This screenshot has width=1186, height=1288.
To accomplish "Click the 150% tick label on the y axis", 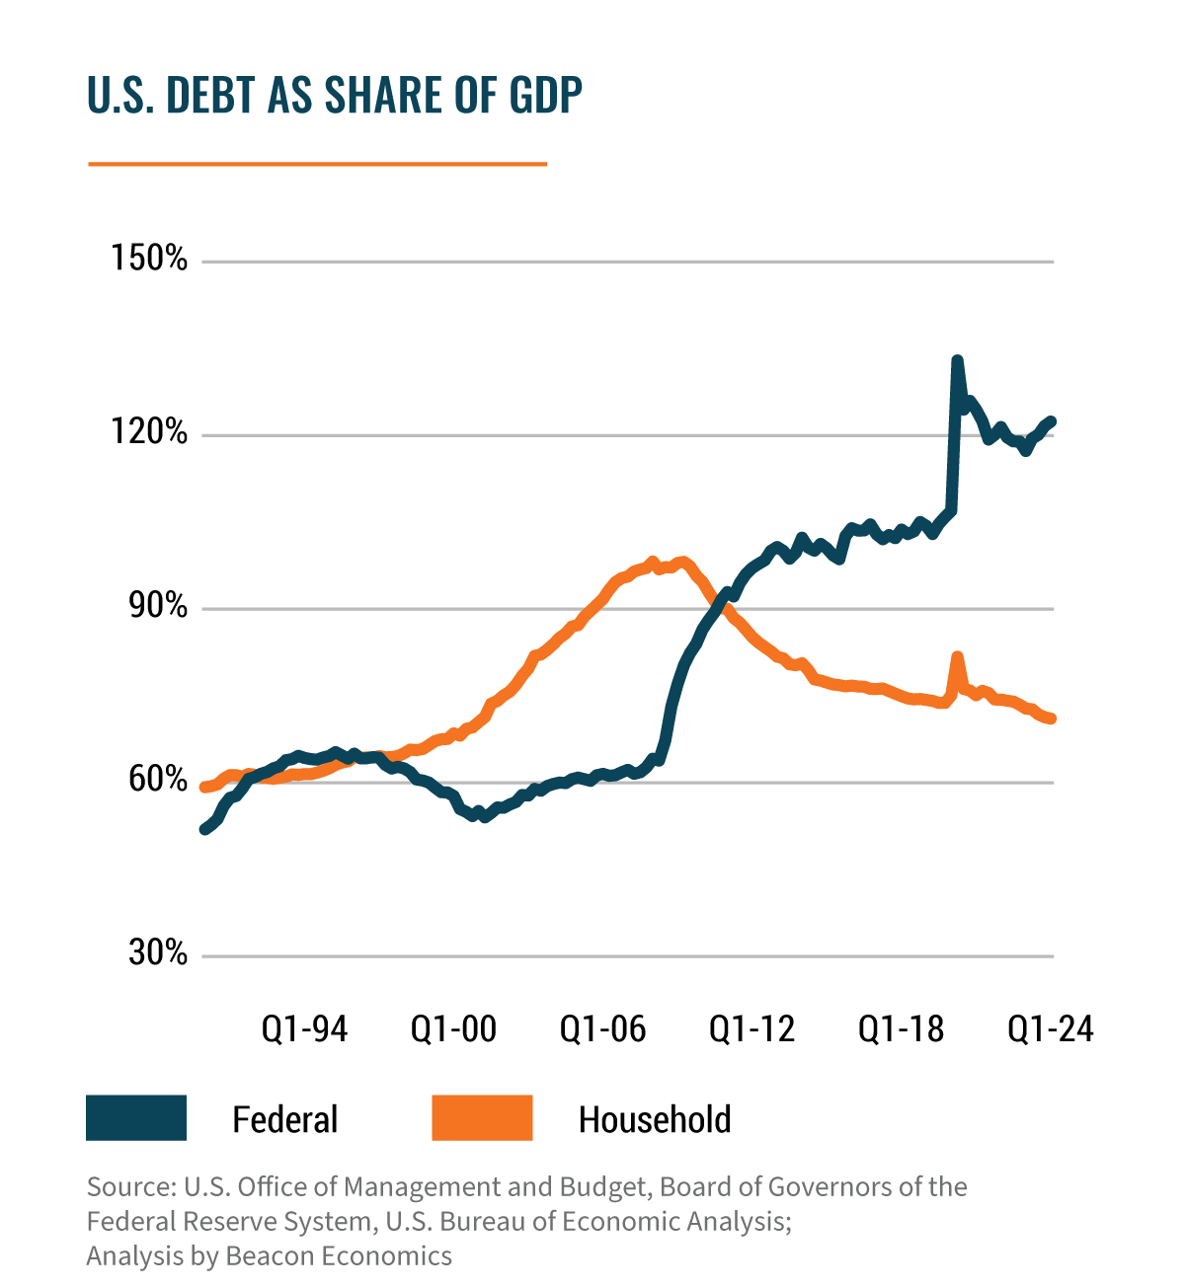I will tap(149, 260).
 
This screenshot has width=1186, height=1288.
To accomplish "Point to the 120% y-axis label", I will tap(149, 433).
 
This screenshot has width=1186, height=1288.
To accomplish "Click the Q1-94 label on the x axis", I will tap(304, 1029).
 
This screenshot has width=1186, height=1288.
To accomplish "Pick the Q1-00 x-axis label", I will tap(453, 1029).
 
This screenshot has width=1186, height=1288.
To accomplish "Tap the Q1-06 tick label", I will tap(602, 1029).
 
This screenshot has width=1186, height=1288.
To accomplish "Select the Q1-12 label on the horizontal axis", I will tap(751, 1029).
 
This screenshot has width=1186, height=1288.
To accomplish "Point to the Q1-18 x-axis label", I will tap(901, 1029).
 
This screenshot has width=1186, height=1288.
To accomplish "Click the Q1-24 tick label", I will tap(1050, 1029).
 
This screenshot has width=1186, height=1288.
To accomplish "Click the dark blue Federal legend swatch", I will tap(136, 1118).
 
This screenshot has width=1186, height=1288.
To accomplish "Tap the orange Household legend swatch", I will tap(482, 1118).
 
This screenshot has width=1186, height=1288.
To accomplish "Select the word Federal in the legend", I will tap(284, 1120).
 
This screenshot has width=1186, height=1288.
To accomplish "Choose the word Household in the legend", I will tap(654, 1120).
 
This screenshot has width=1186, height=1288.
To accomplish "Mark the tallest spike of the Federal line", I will tap(956, 361).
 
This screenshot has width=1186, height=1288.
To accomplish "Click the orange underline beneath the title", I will tap(317, 164).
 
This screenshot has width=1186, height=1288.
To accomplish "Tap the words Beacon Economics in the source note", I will tap(339, 1255).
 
